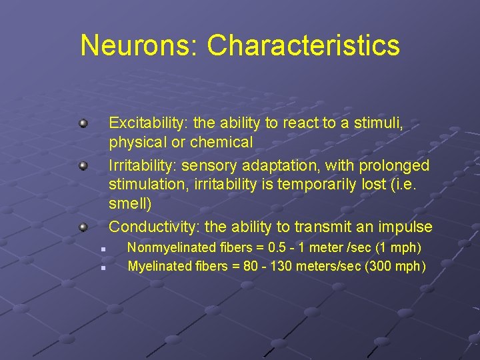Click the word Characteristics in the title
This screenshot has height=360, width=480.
(x=303, y=45)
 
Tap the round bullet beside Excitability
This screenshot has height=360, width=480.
(x=83, y=123)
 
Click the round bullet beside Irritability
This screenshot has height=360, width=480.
(x=83, y=165)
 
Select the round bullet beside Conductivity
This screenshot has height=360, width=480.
(x=83, y=227)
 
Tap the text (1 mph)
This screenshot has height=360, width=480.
(x=398, y=248)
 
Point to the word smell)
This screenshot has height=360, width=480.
(x=130, y=202)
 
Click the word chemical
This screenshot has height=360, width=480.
(x=221, y=142)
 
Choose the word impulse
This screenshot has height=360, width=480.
(x=407, y=227)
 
